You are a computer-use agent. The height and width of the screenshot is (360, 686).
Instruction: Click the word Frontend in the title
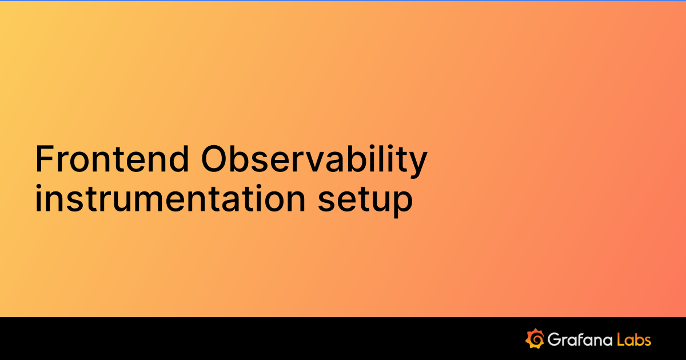pyautogui.click(x=112, y=159)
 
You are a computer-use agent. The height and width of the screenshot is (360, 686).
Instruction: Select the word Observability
pyautogui.click(x=314, y=159)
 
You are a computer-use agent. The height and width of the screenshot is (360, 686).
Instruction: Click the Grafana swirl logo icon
pyautogui.click(x=534, y=339)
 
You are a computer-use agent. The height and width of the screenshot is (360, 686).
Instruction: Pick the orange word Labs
pyautogui.click(x=634, y=339)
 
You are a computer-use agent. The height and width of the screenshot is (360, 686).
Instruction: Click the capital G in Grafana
pyautogui.click(x=553, y=339)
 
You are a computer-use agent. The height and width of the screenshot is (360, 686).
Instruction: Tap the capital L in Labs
pyautogui.click(x=620, y=339)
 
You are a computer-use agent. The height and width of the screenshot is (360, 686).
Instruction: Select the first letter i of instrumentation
pyautogui.click(x=38, y=199)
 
